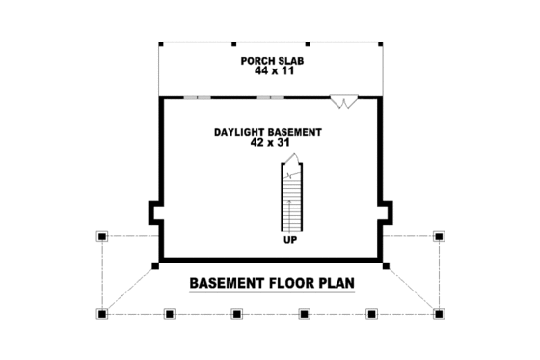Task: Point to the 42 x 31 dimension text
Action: pyautogui.click(x=269, y=142)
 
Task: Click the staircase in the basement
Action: pyautogui.click(x=289, y=198)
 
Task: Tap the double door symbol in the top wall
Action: pyautogui.click(x=343, y=98)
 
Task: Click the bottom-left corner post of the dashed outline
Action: pyautogui.click(x=101, y=313)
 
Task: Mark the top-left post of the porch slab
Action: pyautogui.click(x=160, y=44)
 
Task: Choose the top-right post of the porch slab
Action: pyautogui.click(x=382, y=44)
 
